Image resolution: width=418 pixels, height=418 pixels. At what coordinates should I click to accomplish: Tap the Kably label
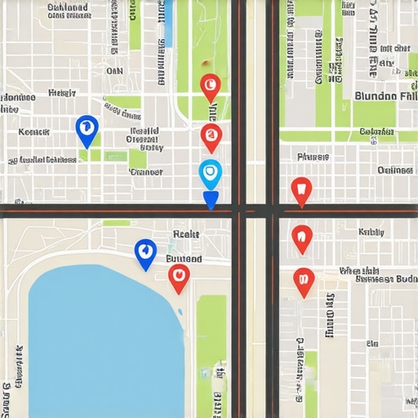(371, 232)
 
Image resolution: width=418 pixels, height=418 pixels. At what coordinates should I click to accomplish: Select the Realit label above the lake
(186, 234)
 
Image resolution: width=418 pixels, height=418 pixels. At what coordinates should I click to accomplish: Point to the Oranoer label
(146, 172)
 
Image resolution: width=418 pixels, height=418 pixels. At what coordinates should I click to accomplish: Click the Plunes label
(314, 156)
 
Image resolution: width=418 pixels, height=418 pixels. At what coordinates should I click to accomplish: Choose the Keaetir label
(34, 131)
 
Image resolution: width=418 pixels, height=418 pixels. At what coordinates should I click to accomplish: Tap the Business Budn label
(385, 279)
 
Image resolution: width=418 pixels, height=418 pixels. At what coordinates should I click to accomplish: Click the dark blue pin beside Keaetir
(87, 129)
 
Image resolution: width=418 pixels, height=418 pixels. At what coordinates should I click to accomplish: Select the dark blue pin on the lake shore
(145, 252)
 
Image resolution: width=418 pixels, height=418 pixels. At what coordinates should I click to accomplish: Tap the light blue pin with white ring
(210, 173)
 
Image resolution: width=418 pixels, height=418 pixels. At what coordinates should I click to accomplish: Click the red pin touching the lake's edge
(179, 277)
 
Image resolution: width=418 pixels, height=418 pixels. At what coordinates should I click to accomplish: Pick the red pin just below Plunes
(301, 190)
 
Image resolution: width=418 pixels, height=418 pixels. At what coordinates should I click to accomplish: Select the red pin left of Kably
(302, 238)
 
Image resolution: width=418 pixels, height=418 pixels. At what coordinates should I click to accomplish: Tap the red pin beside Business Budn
(304, 280)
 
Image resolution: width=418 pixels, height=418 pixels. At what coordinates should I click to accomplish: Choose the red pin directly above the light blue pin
(211, 136)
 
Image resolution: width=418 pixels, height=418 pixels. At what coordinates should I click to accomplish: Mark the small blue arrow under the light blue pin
(211, 200)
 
